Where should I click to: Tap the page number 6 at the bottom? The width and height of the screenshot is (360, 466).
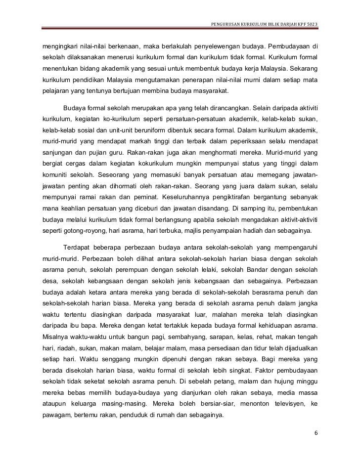pyautogui.click(x=316, y=433)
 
